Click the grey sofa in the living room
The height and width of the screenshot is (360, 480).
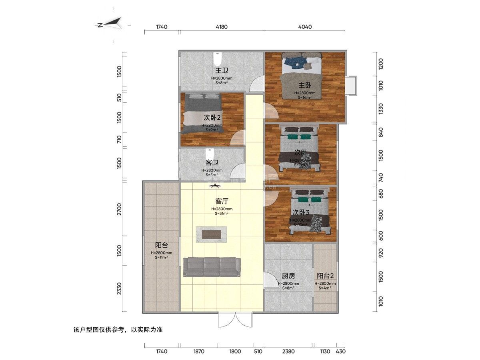point(212,267)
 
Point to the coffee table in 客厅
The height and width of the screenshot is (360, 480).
point(212,234)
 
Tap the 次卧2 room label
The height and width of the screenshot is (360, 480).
point(212,118)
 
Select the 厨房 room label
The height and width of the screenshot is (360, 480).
point(288,276)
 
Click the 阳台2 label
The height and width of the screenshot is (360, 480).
point(325,276)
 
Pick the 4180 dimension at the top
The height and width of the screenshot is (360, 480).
point(221,27)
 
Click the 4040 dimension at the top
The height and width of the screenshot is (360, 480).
point(305,27)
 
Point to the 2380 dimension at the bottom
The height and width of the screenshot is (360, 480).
point(288,352)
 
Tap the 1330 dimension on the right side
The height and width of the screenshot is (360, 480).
point(380,108)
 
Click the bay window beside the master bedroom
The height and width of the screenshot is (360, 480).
point(351,85)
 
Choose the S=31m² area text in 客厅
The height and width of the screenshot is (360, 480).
point(222,214)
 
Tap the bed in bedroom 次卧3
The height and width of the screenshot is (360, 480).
point(310,212)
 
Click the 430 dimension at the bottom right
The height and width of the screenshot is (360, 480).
point(340,352)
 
